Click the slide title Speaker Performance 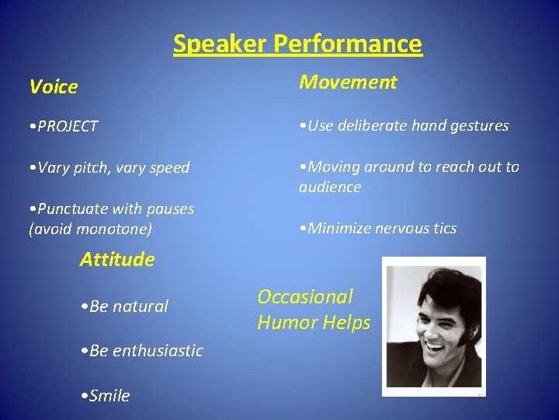click(x=297, y=43)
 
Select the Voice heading click(x=54, y=87)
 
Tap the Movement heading click(x=348, y=82)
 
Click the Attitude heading click(x=116, y=259)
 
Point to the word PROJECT click(x=67, y=126)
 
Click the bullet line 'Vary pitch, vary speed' click(x=109, y=168)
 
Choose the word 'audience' click(x=330, y=187)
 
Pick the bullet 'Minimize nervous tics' click(x=378, y=228)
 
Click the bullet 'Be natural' click(x=124, y=306)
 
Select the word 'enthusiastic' click(x=158, y=351)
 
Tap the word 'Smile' click(x=109, y=396)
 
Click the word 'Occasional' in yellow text click(x=305, y=296)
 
